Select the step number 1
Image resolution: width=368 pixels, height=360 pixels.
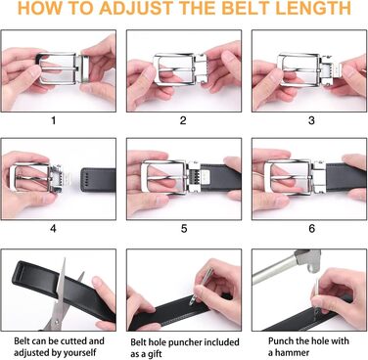click(54, 120)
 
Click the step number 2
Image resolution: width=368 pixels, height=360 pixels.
click(183, 120)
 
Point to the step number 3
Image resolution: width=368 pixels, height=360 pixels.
click(311, 120)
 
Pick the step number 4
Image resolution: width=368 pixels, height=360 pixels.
click(53, 228)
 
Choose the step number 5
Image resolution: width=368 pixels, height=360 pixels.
click(184, 228)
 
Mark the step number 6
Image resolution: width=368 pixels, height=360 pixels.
click(311, 228)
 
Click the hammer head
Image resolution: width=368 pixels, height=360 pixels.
click(308, 260)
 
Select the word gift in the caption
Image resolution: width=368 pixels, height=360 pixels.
click(155, 354)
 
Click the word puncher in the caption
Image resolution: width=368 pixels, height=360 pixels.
click(185, 342)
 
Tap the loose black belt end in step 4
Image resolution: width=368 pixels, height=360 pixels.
click(98, 180)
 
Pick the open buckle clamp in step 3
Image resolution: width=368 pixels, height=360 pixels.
click(331, 70)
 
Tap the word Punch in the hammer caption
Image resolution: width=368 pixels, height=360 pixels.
click(281, 341)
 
